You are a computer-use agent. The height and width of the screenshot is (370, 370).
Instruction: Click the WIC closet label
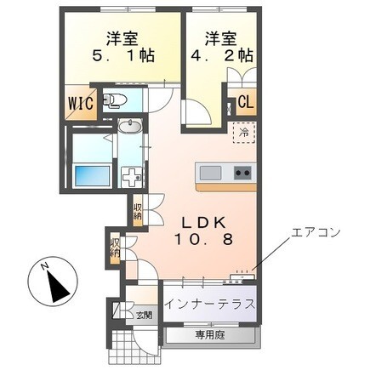(80, 103)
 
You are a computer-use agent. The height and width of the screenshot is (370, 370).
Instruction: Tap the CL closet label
(246, 101)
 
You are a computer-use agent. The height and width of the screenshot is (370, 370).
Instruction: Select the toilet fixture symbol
(115, 100)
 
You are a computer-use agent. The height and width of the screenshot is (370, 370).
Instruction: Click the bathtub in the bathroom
(92, 176)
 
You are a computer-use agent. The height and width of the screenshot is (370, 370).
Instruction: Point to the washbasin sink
(130, 126)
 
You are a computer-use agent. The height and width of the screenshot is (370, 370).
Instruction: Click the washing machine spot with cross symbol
(131, 177)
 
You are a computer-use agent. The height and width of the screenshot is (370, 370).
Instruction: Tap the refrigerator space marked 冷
(244, 133)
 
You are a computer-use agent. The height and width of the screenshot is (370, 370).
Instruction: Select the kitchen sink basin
(210, 173)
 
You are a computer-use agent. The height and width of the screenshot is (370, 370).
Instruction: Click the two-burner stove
(242, 173)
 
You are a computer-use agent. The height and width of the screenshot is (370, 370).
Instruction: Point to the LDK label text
(203, 223)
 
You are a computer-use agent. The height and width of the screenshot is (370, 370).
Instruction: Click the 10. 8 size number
(203, 240)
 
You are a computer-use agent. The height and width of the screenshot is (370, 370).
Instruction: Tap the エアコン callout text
(316, 232)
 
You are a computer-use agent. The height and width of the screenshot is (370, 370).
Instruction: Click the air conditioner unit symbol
(242, 276)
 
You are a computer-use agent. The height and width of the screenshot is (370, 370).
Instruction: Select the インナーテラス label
(209, 305)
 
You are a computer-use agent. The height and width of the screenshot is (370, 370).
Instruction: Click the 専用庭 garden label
(209, 336)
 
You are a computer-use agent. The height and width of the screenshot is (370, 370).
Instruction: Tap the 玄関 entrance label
(144, 315)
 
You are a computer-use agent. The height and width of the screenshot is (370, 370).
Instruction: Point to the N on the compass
(44, 266)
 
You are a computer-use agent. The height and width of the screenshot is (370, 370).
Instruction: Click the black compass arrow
(58, 287)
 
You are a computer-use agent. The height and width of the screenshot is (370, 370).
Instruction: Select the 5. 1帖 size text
(122, 55)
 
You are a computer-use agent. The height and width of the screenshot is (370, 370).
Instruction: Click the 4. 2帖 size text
(222, 55)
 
